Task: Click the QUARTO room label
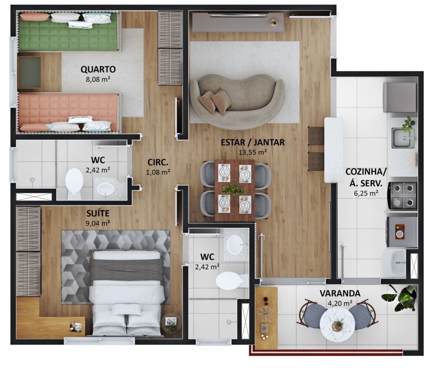pyautogui.click(x=98, y=69)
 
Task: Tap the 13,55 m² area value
pyautogui.click(x=253, y=152)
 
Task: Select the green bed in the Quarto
pyautogui.click(x=68, y=32)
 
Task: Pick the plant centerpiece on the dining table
pyautogui.click(x=234, y=189)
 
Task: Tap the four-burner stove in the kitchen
pyautogui.click(x=402, y=196)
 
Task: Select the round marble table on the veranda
pyautogui.click(x=337, y=325)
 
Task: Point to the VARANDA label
pyautogui.click(x=340, y=293)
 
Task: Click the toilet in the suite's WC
pyautogui.click(x=230, y=281)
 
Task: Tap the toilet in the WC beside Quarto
pyautogui.click(x=74, y=183)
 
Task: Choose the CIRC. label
pyautogui.click(x=158, y=162)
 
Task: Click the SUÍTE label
pyautogui.click(x=98, y=213)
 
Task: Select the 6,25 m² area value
pyautogui.click(x=366, y=193)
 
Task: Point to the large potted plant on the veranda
pyautogui.click(x=400, y=298)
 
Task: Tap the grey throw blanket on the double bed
pyautogui.click(x=127, y=269)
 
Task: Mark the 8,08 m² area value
pyautogui.click(x=98, y=80)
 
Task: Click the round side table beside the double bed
pyautogui.click(x=171, y=323)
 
